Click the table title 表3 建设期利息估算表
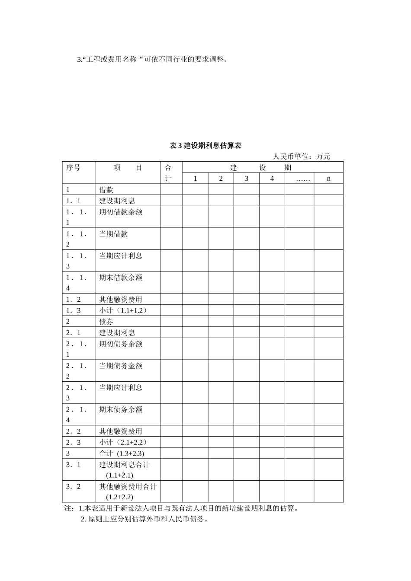pos(205,146)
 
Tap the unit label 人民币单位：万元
pos(301,156)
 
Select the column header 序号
pos(73,168)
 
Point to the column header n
pos(328,179)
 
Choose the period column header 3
pos(246,179)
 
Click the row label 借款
pos(106,190)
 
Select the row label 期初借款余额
pos(121,212)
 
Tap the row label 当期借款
pos(113,234)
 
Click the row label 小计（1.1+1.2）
pos(123,310)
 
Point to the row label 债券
pos(106,322)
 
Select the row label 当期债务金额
pos(121,366)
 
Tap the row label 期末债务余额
pos(121,409)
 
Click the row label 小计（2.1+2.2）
pos(123,442)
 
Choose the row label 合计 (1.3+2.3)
pos(122,453)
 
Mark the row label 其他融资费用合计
pos(128,487)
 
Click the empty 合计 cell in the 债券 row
pos(171,322)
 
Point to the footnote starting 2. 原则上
pos(144,519)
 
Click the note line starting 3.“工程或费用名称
pos(152,60)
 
